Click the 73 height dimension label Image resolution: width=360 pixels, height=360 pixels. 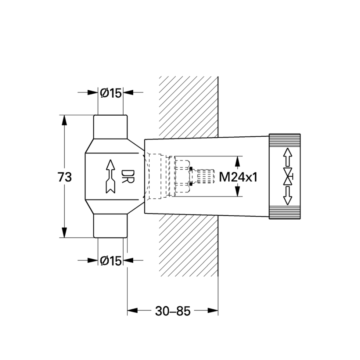pyautogui.click(x=64, y=177)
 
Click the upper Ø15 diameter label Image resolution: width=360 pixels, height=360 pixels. pyautogui.click(x=111, y=93)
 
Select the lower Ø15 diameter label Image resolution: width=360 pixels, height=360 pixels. pyautogui.click(x=111, y=260)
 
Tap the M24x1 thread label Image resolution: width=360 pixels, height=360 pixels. pyautogui.click(x=238, y=177)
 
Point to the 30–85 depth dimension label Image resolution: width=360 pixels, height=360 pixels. pyautogui.click(x=173, y=311)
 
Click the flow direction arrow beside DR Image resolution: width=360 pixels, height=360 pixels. pyautogui.click(x=111, y=176)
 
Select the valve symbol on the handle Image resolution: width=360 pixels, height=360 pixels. pyautogui.click(x=288, y=176)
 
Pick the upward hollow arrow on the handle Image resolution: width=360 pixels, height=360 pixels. pyautogui.click(x=288, y=157)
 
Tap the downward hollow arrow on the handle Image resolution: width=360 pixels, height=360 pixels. pyautogui.click(x=288, y=196)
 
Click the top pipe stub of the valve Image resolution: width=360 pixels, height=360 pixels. pyautogui.click(x=110, y=127)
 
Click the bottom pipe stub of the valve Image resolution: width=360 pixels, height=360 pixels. pyautogui.click(x=110, y=226)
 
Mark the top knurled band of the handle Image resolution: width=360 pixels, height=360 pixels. pyautogui.click(x=285, y=140)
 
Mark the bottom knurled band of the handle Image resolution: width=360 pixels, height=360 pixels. pyautogui.click(x=285, y=213)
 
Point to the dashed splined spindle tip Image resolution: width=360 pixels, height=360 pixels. pyautogui.click(x=206, y=176)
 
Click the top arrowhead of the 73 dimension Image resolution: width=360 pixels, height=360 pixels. pyautogui.click(x=64, y=120)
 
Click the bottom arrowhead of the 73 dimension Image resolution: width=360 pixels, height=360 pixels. pyautogui.click(x=64, y=232)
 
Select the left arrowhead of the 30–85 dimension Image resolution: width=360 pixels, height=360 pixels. pyautogui.click(x=132, y=311)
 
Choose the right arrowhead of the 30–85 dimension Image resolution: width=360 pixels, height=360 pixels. pyautogui.click(x=213, y=311)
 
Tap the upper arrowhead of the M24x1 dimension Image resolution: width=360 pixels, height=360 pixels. pyautogui.click(x=237, y=161)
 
